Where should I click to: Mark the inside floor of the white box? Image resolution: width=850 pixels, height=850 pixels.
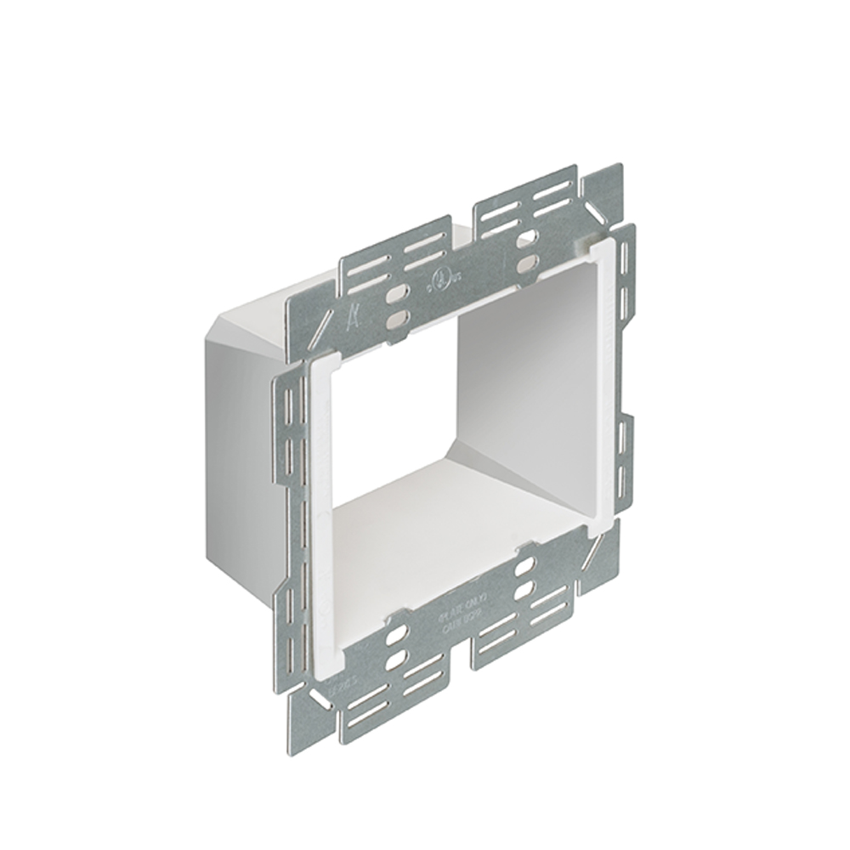point(442,527)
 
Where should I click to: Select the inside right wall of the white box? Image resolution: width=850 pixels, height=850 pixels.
point(518,374)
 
